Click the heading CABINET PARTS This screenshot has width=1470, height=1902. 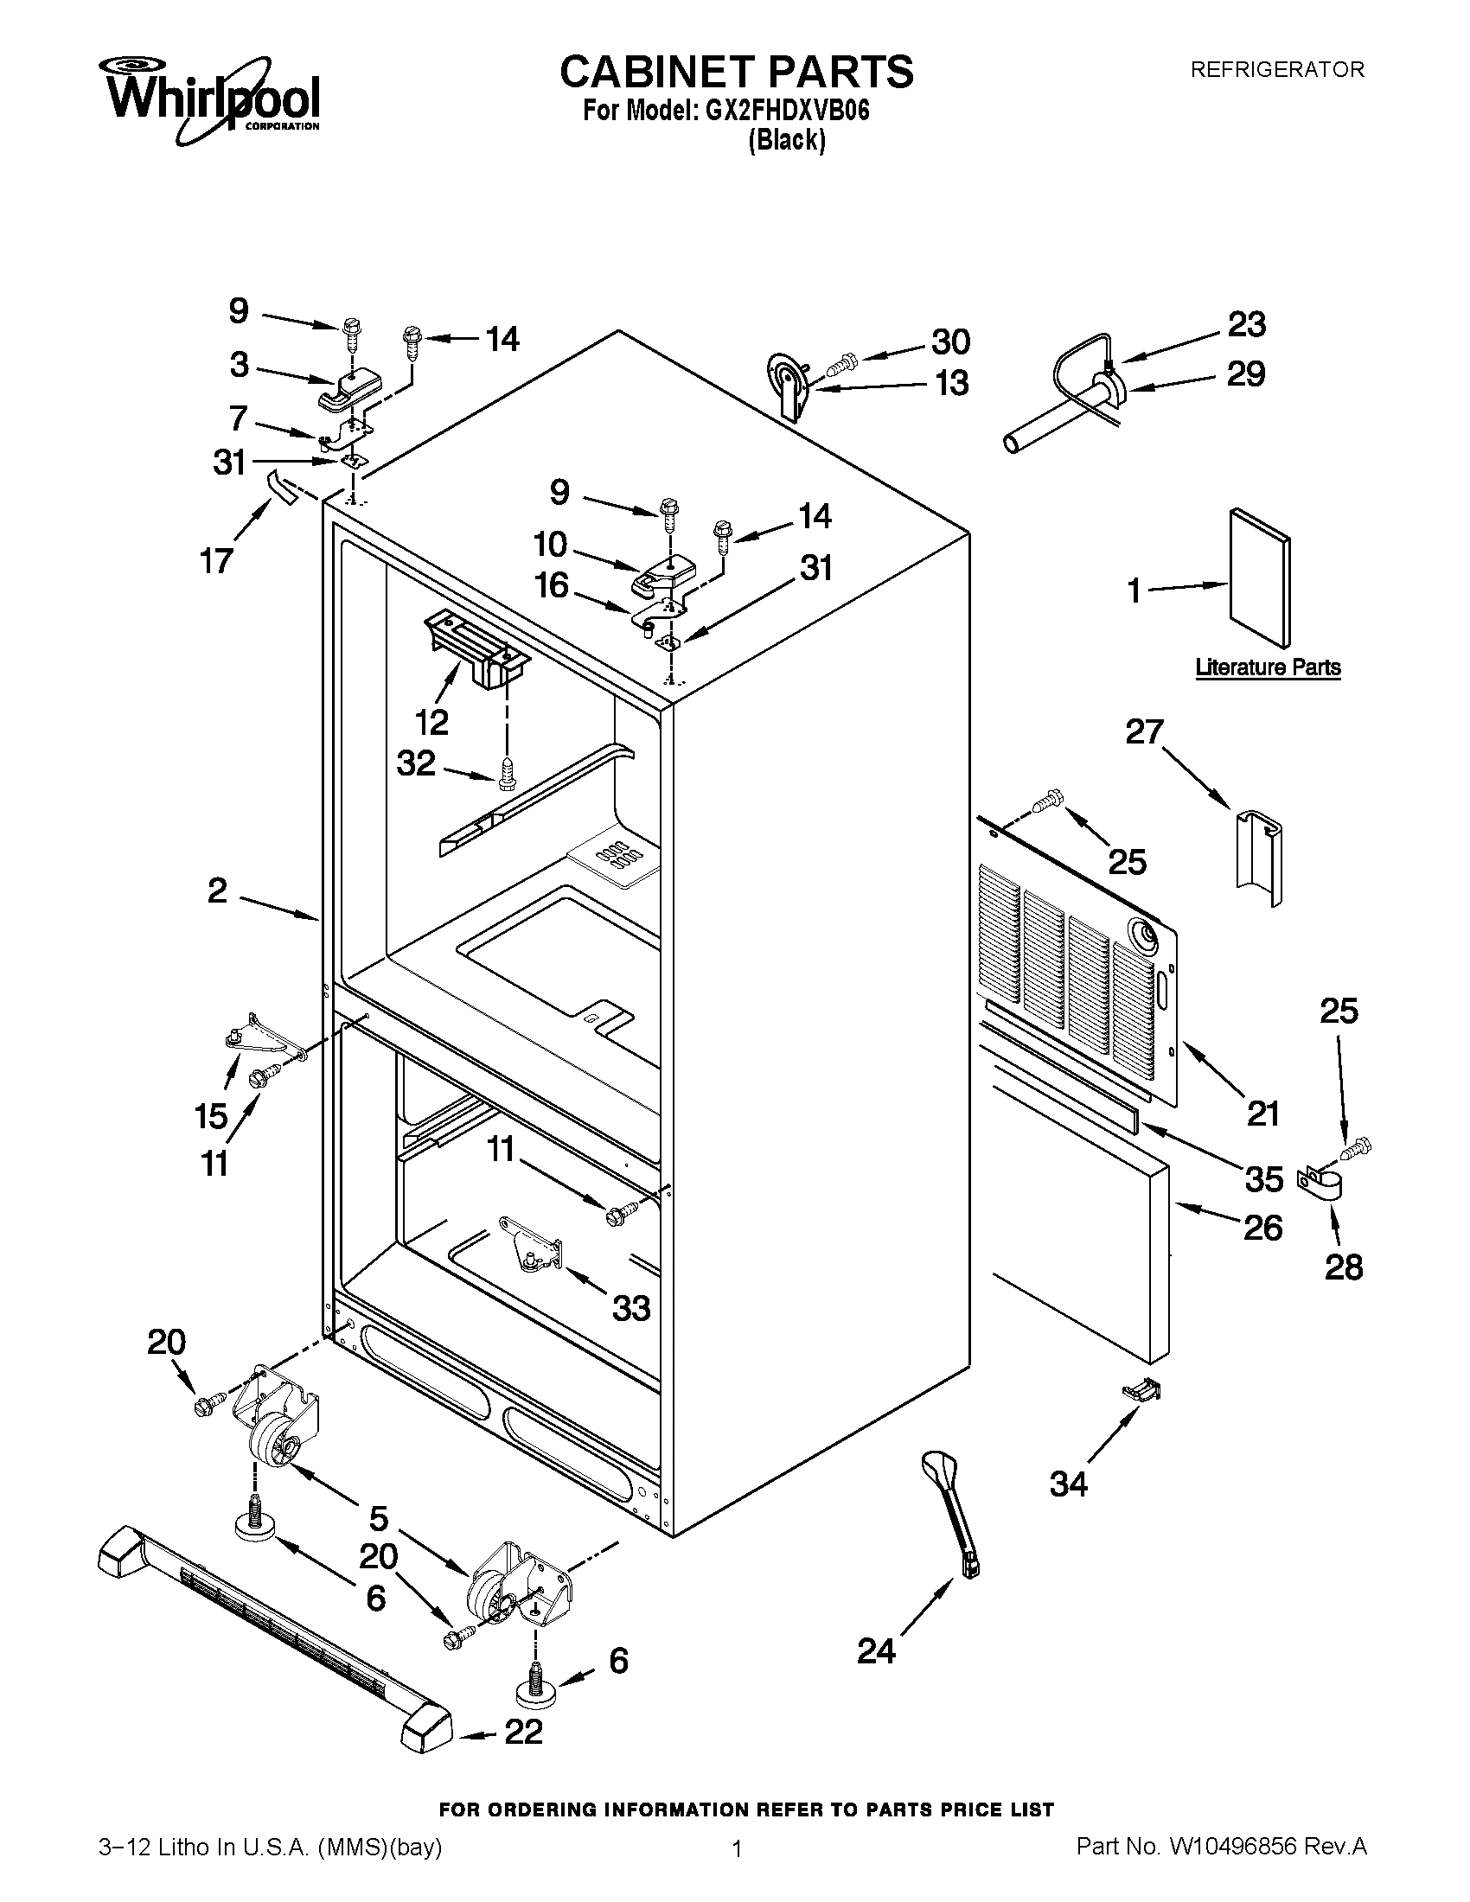736,72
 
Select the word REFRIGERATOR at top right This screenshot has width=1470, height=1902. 1276,70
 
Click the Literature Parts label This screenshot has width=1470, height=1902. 1267,667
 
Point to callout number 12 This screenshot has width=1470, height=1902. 431,721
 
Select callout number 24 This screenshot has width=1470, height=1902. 876,1650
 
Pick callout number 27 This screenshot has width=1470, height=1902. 1144,731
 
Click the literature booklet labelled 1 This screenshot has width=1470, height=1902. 1259,578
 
